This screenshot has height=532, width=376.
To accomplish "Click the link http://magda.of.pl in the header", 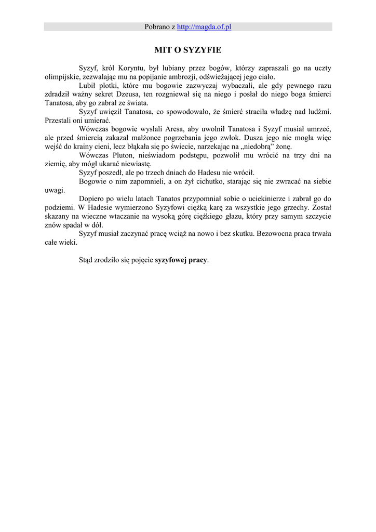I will pyautogui.click(x=204, y=26).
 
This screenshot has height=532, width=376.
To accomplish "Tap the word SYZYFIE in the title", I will pyautogui.click(x=203, y=50).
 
